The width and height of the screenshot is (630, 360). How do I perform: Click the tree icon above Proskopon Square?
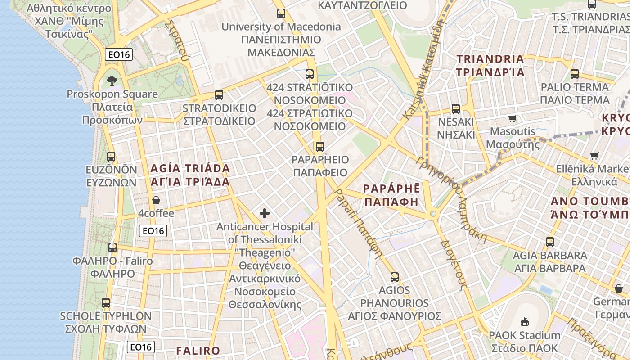click(112, 81)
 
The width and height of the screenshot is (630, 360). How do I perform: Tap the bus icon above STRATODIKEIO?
click(219, 95)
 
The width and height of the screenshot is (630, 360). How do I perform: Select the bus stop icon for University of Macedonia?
click(281, 13)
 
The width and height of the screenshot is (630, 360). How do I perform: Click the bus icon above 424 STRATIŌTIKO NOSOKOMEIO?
click(310, 74)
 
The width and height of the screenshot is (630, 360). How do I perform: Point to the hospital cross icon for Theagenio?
click(265, 213)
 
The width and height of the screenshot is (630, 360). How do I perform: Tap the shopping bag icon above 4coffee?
click(156, 200)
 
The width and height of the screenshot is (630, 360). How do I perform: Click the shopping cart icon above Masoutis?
click(512, 119)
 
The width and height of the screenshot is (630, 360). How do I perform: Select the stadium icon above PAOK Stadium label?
click(524, 322)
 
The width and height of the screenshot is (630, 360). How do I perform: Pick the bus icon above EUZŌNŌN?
click(111, 157)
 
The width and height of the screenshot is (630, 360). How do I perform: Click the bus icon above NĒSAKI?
click(456, 109)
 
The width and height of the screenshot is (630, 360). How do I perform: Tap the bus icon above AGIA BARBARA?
click(550, 242)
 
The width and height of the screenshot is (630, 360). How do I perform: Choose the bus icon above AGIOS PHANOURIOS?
click(395, 277)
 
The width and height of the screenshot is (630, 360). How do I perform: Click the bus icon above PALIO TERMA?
click(575, 74)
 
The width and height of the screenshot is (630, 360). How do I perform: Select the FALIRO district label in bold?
click(198, 351)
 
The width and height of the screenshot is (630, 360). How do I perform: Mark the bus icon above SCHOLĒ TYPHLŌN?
click(106, 303)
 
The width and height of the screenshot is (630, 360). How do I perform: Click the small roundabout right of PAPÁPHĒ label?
click(434, 214)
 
